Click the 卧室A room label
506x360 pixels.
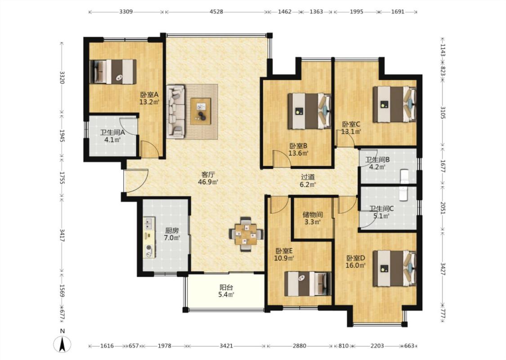pyautogui.click(x=149, y=94)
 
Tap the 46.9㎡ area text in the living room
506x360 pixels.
pyautogui.click(x=208, y=182)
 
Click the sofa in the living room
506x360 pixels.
pyautogui.click(x=175, y=112)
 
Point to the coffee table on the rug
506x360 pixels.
pyautogui.click(x=201, y=111)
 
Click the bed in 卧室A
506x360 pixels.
pyautogui.click(x=112, y=72)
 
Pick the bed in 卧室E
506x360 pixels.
pyautogui.click(x=308, y=283)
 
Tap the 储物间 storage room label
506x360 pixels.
pyautogui.click(x=313, y=215)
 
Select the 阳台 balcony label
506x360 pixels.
pyautogui.click(x=226, y=288)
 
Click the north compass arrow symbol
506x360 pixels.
pyautogui.click(x=62, y=344)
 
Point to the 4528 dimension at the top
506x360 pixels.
pyautogui.click(x=216, y=12)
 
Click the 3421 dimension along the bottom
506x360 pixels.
pyautogui.click(x=226, y=346)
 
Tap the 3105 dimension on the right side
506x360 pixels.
pyautogui.click(x=443, y=112)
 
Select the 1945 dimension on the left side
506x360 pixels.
pyautogui.click(x=62, y=136)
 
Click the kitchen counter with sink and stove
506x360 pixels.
pyautogui.click(x=149, y=238)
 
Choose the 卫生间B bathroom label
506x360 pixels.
pyautogui.click(x=377, y=159)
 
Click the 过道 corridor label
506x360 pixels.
pyautogui.click(x=308, y=177)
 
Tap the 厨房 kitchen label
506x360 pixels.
pyautogui.click(x=172, y=230)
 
